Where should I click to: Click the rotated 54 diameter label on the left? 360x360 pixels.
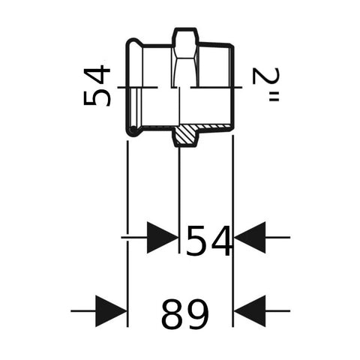pos(97,85)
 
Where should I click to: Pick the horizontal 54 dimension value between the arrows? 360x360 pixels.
pos(208,241)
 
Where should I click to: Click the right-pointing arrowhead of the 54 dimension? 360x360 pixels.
pos(162,237)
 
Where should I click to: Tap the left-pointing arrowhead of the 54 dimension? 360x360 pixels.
pos(250,237)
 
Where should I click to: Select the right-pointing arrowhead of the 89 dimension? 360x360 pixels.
pos(111,311)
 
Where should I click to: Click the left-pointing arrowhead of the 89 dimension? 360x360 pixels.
pos(250,311)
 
